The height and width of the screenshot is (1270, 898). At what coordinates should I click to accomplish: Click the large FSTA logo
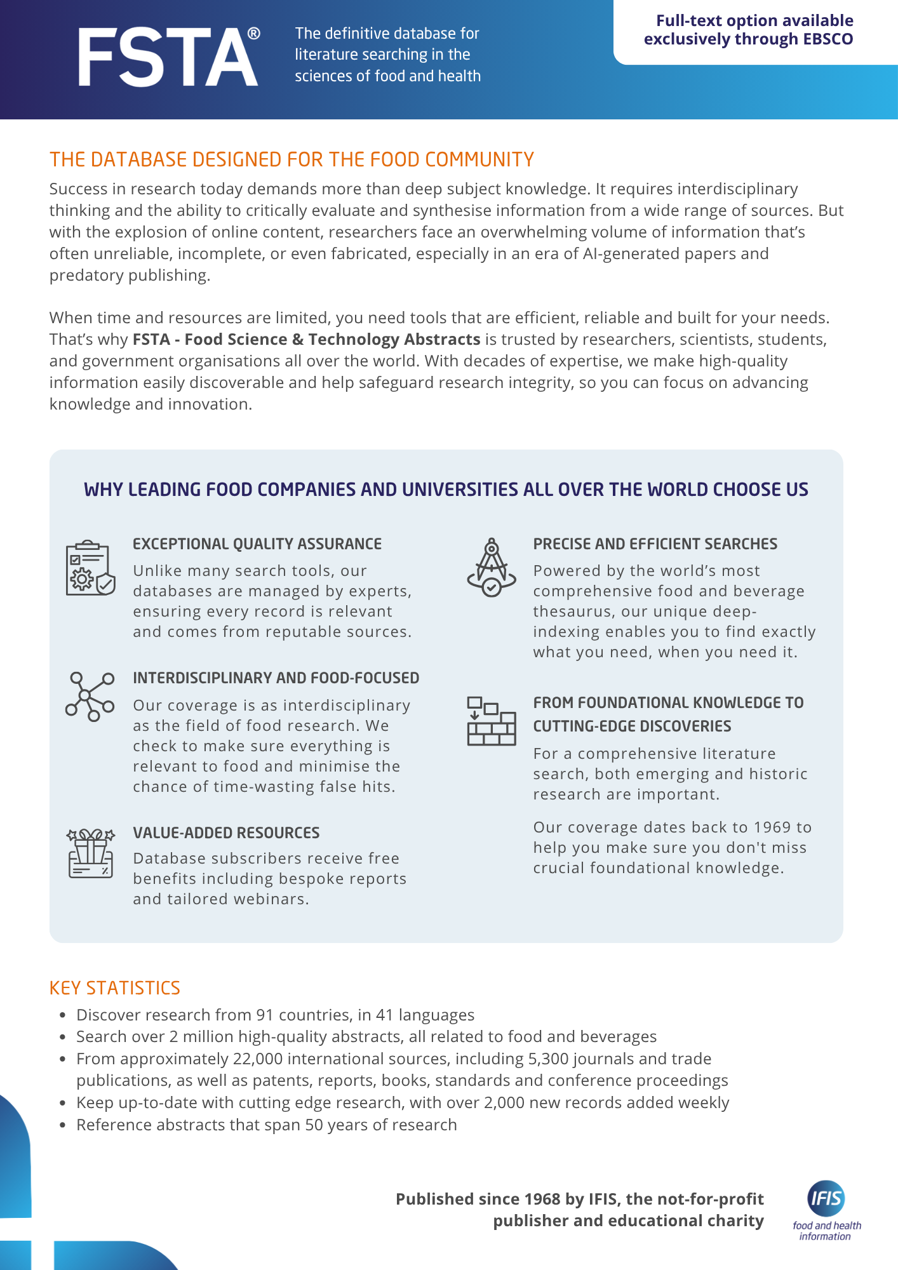168,57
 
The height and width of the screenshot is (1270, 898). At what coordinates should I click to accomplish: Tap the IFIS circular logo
826,1198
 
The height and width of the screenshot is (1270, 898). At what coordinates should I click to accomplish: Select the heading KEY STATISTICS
115,988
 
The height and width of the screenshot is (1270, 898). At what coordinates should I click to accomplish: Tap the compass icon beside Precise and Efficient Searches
491,568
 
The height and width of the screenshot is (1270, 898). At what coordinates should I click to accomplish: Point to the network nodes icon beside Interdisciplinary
90,696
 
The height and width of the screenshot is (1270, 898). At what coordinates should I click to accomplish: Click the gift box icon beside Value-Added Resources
90,853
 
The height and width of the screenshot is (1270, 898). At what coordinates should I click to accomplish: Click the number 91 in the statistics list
265,1015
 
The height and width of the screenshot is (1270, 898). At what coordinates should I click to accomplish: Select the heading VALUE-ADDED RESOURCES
226,832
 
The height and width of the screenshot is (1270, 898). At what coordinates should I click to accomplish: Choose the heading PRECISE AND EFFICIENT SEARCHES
655,544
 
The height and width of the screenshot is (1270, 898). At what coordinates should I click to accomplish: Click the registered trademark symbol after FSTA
253,34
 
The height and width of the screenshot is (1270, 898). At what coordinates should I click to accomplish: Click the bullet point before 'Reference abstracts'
62,1125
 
